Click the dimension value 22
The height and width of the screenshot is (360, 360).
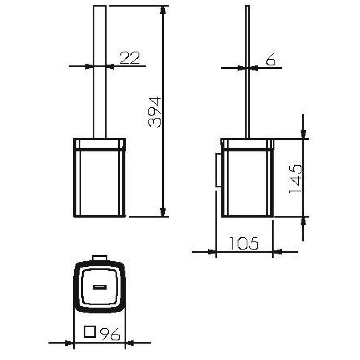point(130,58)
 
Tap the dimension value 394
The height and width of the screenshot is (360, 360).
point(154,112)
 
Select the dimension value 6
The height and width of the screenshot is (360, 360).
point(271,59)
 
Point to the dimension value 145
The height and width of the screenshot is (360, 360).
point(295,179)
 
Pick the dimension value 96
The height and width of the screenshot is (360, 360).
point(110,334)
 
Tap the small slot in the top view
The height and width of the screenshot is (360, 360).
point(100,287)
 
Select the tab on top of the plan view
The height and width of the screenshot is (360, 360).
point(100,258)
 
